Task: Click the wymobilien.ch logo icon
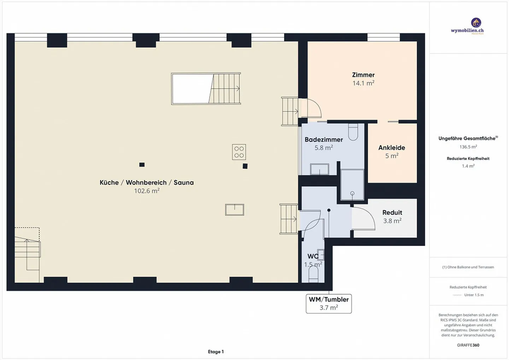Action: pos(476,23)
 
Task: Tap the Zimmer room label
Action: pos(363,75)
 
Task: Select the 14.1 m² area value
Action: pos(363,83)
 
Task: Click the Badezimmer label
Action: pos(323,140)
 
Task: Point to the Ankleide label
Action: pos(392,148)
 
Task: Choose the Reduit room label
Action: pos(392,212)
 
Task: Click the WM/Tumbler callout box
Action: pos(329,304)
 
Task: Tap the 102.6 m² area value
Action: pos(147,191)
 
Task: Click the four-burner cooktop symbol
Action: pos(239,152)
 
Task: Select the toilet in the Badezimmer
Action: pos(353,132)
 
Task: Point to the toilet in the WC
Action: pos(313,274)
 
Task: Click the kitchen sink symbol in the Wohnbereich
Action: pos(234,209)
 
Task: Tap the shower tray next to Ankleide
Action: pos(352,185)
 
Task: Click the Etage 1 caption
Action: pos(216,352)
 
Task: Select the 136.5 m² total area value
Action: pos(468,147)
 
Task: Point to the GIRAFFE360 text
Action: pos(468,345)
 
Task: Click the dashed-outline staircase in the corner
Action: pos(27,255)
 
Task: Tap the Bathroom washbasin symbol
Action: pos(320,169)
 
